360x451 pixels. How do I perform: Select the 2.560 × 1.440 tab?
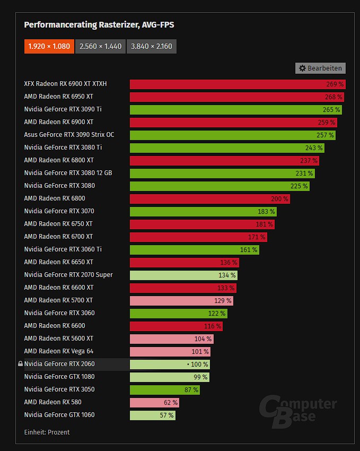click(x=100, y=46)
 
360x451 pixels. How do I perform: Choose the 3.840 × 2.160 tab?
click(x=151, y=46)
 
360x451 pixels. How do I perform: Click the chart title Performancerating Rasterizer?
click(x=99, y=24)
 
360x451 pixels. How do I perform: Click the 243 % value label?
click(x=314, y=148)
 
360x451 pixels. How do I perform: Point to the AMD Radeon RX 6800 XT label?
click(x=59, y=160)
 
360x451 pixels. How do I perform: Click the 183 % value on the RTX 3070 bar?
click(x=266, y=211)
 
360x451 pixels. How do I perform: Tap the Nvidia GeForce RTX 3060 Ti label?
click(x=63, y=249)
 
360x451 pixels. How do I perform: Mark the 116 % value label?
click(x=212, y=326)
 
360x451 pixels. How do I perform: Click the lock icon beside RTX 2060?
click(x=20, y=364)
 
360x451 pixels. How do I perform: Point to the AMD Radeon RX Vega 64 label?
click(x=58, y=351)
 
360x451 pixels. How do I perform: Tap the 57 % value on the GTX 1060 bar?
click(x=166, y=415)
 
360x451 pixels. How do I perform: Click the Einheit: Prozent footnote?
click(x=47, y=432)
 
